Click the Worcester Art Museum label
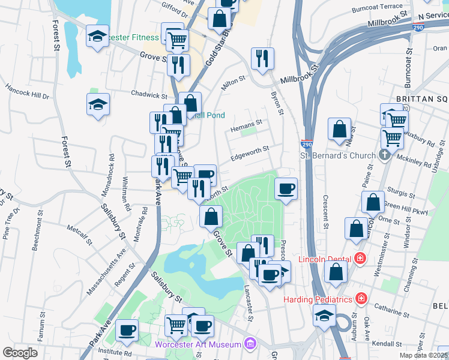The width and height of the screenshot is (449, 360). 198,344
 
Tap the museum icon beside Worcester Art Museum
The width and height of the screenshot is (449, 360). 250,344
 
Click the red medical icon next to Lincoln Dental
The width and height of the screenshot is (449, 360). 360,259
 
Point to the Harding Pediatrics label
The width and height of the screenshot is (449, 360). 318,299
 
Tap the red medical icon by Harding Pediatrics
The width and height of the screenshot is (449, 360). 361,298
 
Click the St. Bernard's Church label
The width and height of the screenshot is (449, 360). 338,156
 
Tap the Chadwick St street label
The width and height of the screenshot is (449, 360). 149,95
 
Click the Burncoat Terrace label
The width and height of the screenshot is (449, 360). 378,7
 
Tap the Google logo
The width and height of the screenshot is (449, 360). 20,353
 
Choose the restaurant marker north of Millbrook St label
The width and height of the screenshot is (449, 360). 262,60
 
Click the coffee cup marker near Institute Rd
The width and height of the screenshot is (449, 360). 127,331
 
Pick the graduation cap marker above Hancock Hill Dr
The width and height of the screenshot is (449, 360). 98,106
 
